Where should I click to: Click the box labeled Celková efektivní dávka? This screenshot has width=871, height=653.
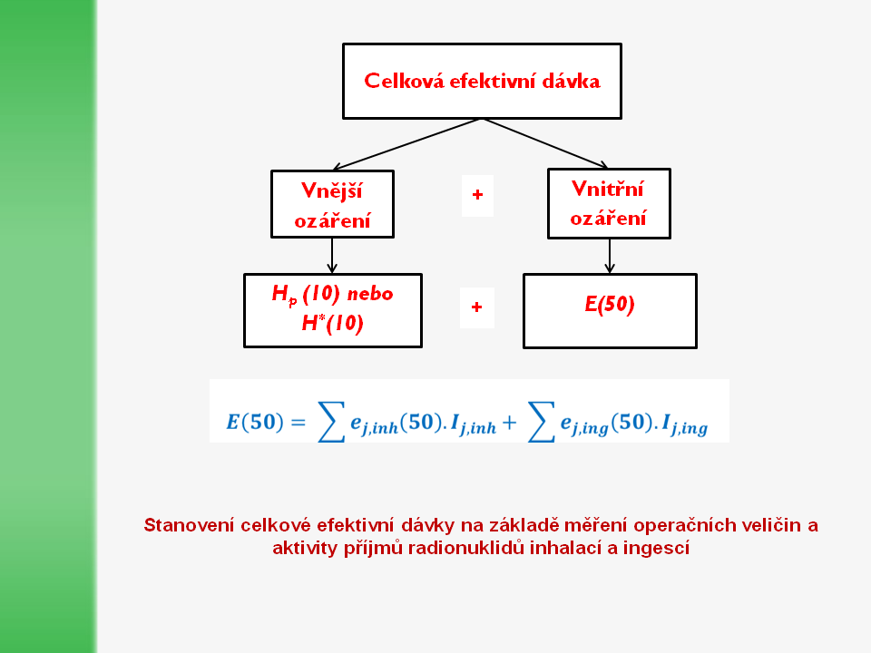pyautogui.click(x=482, y=81)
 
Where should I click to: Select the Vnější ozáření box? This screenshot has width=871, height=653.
pyautogui.click(x=332, y=204)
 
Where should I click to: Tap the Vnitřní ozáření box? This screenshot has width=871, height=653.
pyautogui.click(x=609, y=203)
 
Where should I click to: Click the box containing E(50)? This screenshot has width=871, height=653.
pyautogui.click(x=610, y=310)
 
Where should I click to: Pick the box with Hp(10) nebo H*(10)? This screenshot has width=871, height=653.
pyautogui.click(x=332, y=310)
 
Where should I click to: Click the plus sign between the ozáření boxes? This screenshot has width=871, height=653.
pyautogui.click(x=477, y=196)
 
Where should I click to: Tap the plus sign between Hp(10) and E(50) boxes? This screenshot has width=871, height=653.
pyautogui.click(x=477, y=307)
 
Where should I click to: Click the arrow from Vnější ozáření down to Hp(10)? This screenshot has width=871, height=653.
pyautogui.click(x=332, y=255)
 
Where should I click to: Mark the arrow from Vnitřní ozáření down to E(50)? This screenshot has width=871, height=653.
pyautogui.click(x=610, y=255)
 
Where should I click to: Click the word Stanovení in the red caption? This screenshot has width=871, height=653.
pyautogui.click(x=188, y=525)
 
